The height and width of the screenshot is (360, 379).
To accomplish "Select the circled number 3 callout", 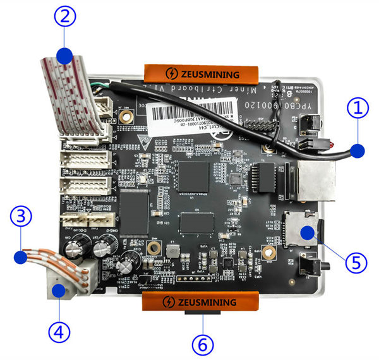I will pos(22,217).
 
